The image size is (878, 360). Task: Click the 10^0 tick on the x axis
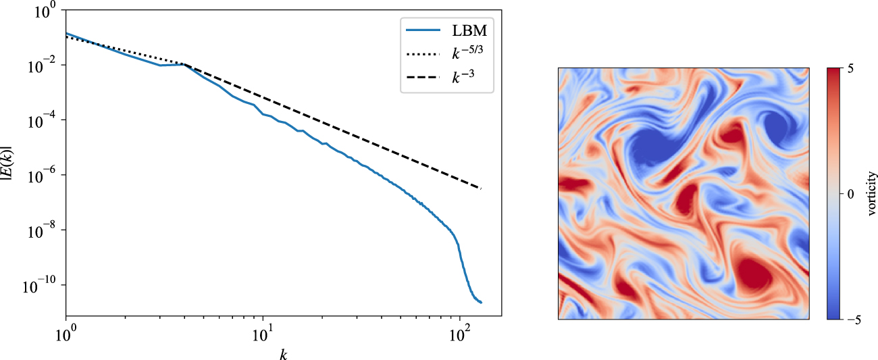click(x=66, y=333)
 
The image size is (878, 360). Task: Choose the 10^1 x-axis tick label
click(x=263, y=333)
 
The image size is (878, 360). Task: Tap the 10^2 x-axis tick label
click(x=460, y=333)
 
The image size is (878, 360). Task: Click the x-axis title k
click(x=283, y=353)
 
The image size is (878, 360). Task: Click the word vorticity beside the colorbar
click(x=872, y=193)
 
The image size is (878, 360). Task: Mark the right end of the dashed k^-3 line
click(x=481, y=188)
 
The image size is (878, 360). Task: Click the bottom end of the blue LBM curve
click(x=481, y=303)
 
